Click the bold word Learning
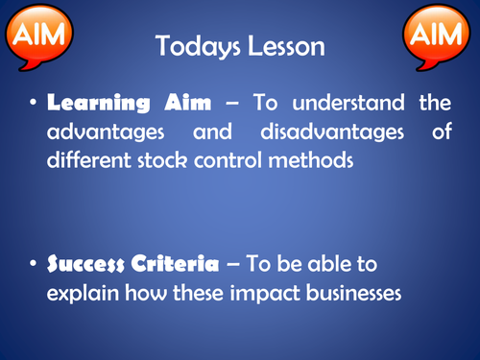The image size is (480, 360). pyautogui.click(x=93, y=103)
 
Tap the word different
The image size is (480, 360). pyautogui.click(x=87, y=159)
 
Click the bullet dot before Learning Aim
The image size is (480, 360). pyautogui.click(x=35, y=104)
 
